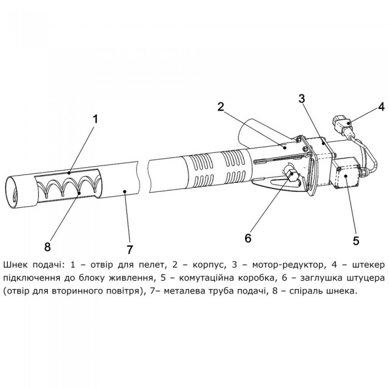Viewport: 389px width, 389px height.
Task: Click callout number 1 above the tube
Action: pyautogui.click(x=96, y=119)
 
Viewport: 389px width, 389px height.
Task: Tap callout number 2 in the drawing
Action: pyautogui.click(x=221, y=107)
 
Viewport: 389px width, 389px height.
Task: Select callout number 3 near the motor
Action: pyautogui.click(x=302, y=99)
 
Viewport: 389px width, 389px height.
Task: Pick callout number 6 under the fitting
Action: pyautogui.click(x=248, y=237)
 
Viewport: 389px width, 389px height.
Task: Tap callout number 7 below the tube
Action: pyautogui.click(x=130, y=247)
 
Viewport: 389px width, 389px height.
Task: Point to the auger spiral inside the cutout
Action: pyautogui.click(x=69, y=187)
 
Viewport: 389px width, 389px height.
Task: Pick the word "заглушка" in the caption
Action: pyautogui.click(x=316, y=277)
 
